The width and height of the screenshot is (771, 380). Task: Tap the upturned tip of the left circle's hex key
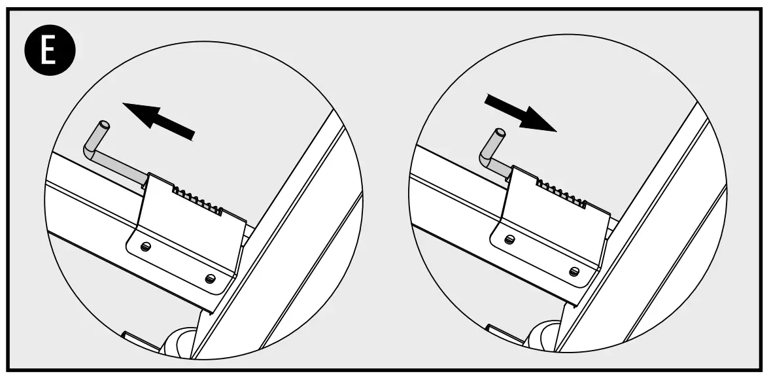(103, 125)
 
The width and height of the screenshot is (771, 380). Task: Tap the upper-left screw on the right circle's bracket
(510, 240)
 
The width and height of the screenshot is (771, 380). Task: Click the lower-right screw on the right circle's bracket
(574, 271)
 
